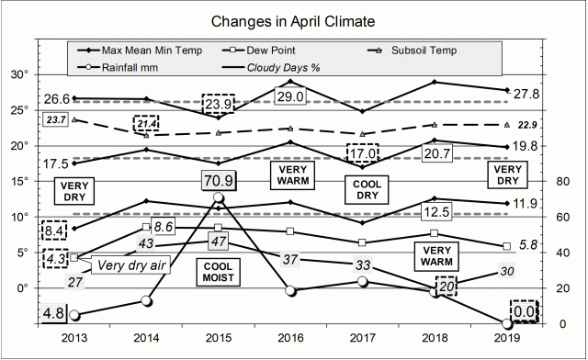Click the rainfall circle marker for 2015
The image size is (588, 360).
218,197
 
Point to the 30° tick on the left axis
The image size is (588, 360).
18,74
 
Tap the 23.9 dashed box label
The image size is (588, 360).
217,104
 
